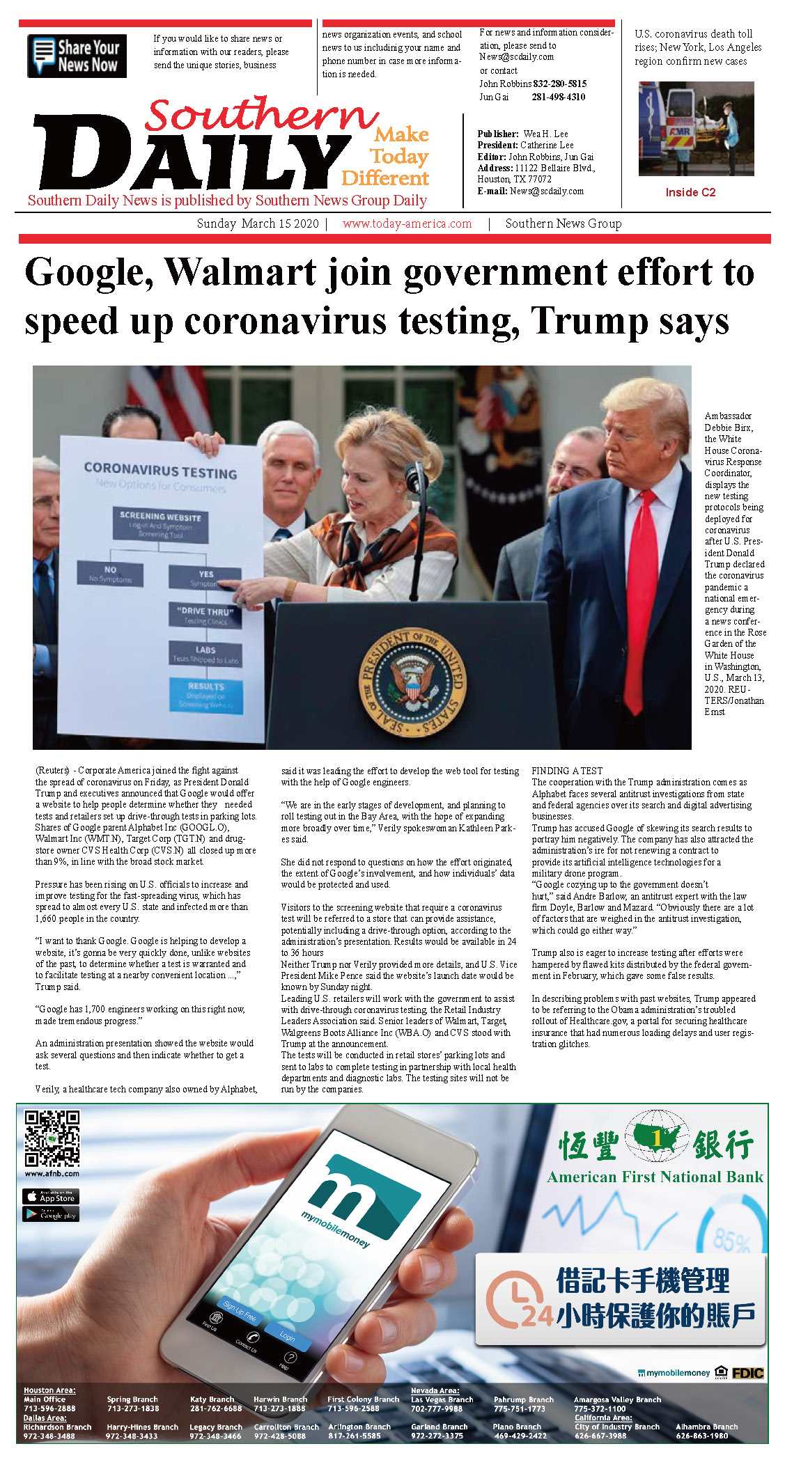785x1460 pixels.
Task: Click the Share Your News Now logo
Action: click(77, 56)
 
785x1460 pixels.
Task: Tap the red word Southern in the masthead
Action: click(261, 114)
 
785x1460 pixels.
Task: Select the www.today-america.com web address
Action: click(407, 223)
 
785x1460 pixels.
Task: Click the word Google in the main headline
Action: click(88, 272)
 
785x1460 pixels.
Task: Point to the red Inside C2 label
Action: click(690, 192)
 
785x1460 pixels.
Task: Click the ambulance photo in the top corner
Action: click(696, 129)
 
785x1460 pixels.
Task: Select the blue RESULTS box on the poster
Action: click(205, 695)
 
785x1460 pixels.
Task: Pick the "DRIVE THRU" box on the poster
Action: click(205, 615)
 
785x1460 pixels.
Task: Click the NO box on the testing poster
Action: click(110, 574)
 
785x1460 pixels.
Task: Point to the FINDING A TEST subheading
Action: click(567, 771)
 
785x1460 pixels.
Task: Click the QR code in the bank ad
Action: click(52, 1138)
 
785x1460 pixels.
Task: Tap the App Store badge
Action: click(51, 1197)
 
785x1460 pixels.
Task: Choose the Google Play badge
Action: click(51, 1215)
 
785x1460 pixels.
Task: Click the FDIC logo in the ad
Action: click(747, 1373)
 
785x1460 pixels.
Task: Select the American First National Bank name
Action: click(655, 1177)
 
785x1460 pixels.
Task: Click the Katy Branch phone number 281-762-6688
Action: click(216, 1408)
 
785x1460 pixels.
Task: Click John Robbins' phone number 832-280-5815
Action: click(559, 84)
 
